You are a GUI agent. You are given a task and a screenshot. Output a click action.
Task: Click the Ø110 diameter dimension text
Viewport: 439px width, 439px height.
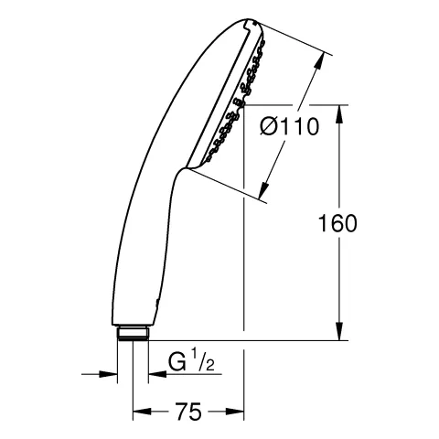(x=288, y=128)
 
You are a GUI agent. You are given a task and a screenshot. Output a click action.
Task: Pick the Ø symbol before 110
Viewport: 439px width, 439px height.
(x=268, y=128)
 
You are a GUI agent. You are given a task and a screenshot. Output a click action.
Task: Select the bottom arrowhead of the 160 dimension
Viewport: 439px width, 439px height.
(x=341, y=333)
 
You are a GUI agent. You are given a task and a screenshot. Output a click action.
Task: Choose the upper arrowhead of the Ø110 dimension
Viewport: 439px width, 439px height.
(x=321, y=59)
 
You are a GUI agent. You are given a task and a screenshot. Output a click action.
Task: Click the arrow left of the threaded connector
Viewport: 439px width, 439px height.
(x=111, y=373)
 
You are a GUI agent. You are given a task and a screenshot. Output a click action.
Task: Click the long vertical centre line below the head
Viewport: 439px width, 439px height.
(x=244, y=274)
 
